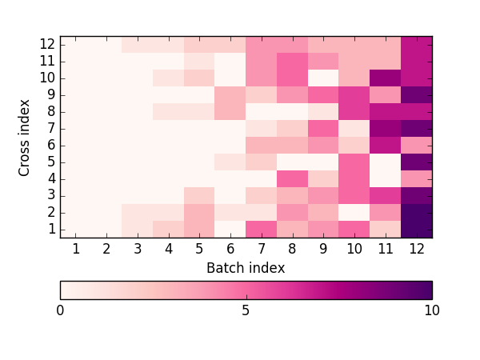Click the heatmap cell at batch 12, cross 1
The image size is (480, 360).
[x=417, y=230]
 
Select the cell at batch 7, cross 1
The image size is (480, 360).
[x=262, y=230]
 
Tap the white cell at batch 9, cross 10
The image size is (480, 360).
[x=323, y=78]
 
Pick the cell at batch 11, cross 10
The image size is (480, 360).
[x=386, y=78]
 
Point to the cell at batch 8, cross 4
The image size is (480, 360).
[x=292, y=178]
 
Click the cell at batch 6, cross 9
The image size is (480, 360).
[x=230, y=95]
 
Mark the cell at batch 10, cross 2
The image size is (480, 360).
[x=354, y=213]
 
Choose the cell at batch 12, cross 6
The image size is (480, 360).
[x=417, y=146]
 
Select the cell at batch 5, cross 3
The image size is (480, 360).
[x=199, y=196]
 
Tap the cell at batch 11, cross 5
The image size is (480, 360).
[x=386, y=162]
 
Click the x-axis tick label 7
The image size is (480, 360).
[x=262, y=249]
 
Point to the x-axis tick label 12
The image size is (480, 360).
[x=417, y=249]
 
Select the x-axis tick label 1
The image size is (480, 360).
[x=76, y=249]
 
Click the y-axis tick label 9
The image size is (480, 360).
[x=51, y=95]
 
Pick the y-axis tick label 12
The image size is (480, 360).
[x=48, y=45]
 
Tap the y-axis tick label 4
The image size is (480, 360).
[x=51, y=178]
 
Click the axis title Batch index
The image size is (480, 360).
[x=246, y=268]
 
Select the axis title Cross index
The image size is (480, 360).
[x=23, y=138]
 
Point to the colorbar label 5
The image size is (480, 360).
[x=246, y=310]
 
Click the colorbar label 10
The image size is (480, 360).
[x=432, y=310]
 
